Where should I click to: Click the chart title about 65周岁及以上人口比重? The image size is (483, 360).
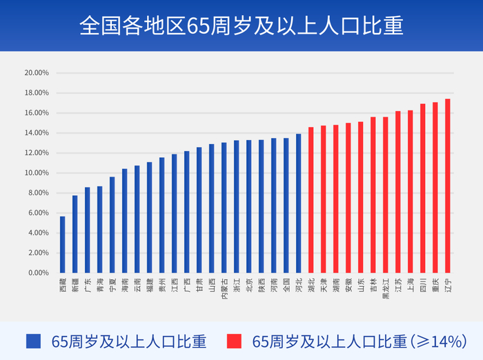241,26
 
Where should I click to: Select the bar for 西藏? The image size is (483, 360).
63,245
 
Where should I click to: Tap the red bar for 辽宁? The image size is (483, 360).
448,186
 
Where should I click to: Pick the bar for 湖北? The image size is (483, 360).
311,200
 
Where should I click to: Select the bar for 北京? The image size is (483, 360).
249,206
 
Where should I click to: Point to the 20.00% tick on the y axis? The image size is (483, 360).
36,72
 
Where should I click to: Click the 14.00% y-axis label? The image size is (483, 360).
36,132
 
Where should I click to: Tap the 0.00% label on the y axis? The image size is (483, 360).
38,272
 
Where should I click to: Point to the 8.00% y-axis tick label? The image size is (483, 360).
38,192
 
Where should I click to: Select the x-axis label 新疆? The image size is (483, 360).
75,283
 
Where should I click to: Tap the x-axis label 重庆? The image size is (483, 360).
435,283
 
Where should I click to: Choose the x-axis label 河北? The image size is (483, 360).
299,283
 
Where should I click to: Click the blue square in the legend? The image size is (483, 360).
33,341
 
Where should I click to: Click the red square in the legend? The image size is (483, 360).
234,341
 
